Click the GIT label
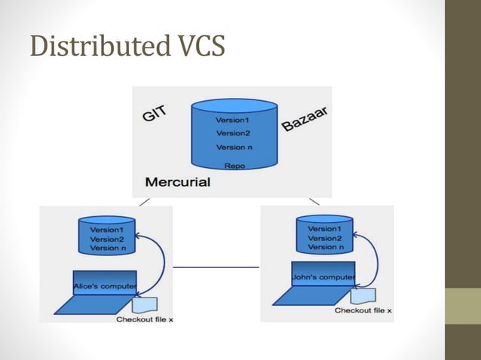[155, 114]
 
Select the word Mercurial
[178, 182]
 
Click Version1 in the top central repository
[232, 120]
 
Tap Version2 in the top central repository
[232, 133]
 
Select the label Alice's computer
[105, 286]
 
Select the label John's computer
[323, 277]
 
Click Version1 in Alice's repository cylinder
[107, 229]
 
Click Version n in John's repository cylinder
[325, 247]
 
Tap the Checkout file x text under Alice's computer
[145, 319]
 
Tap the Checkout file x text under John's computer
[363, 310]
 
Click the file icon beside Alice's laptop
[144, 304]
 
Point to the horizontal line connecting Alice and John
[216, 267]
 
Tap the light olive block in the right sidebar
[464, 306]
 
